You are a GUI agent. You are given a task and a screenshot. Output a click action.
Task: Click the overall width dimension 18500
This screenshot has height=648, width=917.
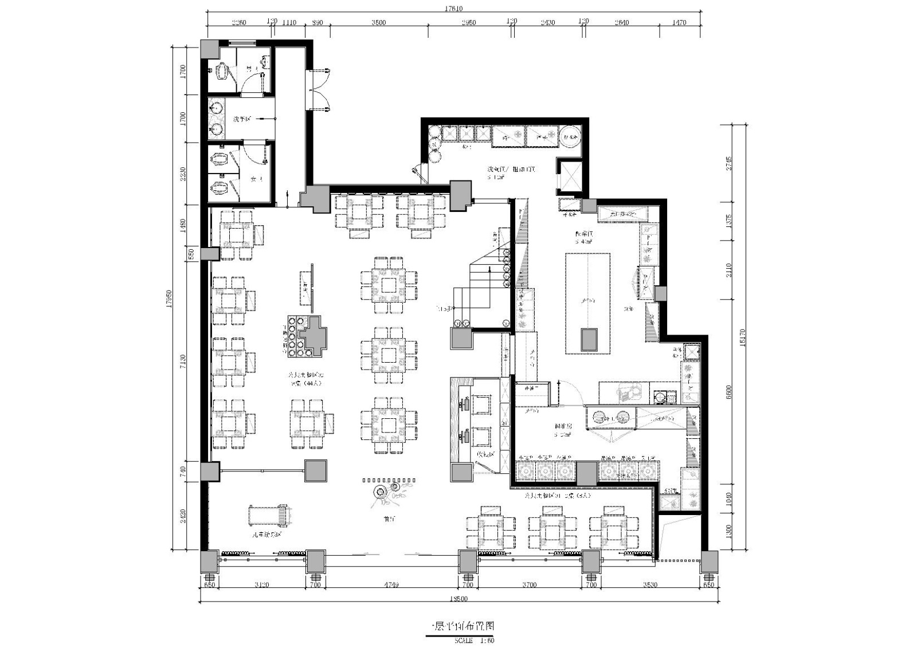[x=458, y=599]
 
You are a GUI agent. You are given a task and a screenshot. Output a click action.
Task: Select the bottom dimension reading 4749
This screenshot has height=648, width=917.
[x=391, y=585]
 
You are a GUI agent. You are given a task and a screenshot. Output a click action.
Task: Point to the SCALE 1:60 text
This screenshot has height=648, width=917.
[x=473, y=641]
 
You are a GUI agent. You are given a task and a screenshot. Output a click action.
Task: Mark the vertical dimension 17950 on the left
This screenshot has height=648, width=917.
[x=169, y=299]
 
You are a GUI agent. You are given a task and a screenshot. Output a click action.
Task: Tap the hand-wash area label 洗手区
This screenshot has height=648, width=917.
[x=242, y=119]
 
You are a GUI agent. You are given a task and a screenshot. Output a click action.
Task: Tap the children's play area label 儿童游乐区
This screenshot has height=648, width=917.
[x=267, y=534]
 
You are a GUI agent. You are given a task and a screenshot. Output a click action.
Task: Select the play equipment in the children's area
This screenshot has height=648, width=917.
[x=268, y=515]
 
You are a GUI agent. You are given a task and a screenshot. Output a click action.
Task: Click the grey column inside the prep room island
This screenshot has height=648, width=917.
[x=589, y=339]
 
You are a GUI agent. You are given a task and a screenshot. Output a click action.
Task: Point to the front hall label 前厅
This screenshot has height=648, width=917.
[x=390, y=519]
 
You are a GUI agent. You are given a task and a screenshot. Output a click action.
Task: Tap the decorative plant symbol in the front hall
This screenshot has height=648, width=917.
[x=380, y=491]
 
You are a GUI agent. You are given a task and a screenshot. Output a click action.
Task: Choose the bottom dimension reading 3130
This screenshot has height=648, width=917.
[x=261, y=585]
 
